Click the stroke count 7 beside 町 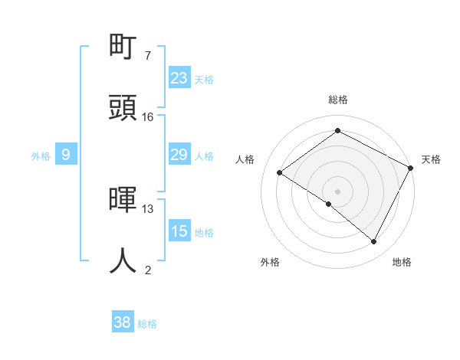tap(147, 56)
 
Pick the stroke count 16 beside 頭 tap(148, 117)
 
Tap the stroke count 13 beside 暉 tap(148, 208)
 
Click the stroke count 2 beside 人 tap(147, 270)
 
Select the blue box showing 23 tap(179, 78)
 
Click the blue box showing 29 tap(179, 155)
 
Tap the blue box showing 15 tap(179, 231)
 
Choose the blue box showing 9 tap(66, 155)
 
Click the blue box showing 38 tap(123, 323)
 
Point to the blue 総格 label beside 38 tap(147, 324)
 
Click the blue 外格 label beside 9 tap(41, 156)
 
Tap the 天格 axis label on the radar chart tap(431, 159)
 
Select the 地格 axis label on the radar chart tap(402, 262)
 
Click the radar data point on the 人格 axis tap(280, 173)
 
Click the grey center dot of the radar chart tap(337, 190)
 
